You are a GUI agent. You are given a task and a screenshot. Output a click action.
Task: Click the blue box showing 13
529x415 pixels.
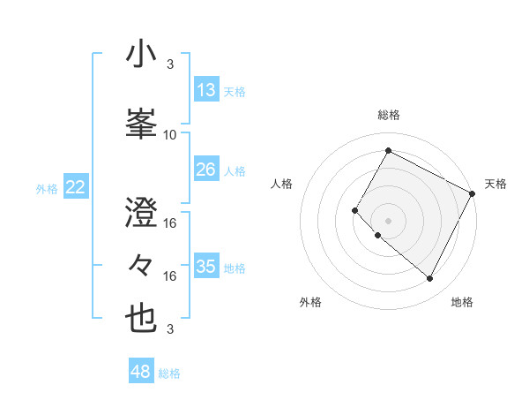click(x=206, y=90)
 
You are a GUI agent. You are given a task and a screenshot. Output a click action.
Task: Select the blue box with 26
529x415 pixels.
click(x=206, y=169)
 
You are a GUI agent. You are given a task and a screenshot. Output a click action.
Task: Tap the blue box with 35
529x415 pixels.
click(x=206, y=267)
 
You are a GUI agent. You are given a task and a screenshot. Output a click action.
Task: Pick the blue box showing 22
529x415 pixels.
click(x=76, y=187)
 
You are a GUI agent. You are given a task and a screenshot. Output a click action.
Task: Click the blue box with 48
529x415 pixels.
click(x=141, y=372)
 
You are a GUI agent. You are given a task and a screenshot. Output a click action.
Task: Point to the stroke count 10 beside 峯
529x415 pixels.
click(x=170, y=135)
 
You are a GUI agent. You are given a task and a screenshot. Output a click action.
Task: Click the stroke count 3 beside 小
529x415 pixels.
click(x=170, y=64)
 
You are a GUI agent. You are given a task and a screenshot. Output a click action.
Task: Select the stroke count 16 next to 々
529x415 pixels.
click(x=170, y=276)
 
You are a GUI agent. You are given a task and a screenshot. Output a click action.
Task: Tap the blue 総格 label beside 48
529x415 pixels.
click(x=169, y=373)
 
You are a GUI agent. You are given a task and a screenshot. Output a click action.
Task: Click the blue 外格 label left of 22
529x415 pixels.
click(x=47, y=188)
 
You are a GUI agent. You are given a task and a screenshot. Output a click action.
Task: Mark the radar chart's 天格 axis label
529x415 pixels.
click(x=495, y=184)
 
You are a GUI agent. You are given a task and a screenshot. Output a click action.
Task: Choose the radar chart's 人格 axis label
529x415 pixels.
click(x=282, y=184)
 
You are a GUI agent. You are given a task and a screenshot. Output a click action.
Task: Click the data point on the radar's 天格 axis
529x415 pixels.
click(x=473, y=193)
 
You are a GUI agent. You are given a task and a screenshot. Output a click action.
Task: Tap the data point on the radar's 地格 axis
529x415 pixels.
click(x=430, y=279)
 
